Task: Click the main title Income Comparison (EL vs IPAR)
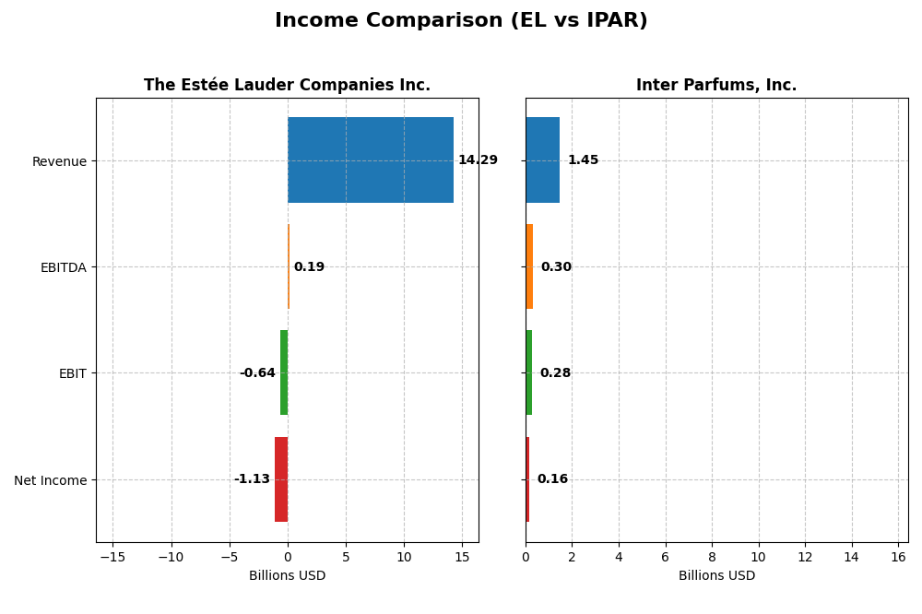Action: coord(461,20)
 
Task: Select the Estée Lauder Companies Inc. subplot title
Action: coord(287,85)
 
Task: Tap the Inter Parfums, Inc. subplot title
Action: coord(716,85)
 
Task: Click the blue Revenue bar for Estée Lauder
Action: coord(371,160)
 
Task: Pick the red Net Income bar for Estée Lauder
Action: coord(281,479)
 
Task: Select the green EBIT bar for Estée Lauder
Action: coord(284,372)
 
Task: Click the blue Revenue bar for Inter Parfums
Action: coord(542,160)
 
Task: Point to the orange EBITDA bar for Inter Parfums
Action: coord(529,266)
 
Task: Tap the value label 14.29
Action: coord(478,160)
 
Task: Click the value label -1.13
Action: coord(252,479)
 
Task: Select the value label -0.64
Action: coord(257,373)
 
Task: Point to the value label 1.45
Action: coord(583,160)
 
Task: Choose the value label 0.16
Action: coord(552,479)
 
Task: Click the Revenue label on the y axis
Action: coord(59,161)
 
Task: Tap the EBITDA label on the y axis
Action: coord(63,267)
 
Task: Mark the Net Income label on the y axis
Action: coord(51,480)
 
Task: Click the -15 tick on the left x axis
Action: coord(112,557)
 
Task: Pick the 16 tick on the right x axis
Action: coord(898,557)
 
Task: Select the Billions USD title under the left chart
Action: coord(287,575)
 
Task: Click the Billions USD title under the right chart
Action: coord(716,575)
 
